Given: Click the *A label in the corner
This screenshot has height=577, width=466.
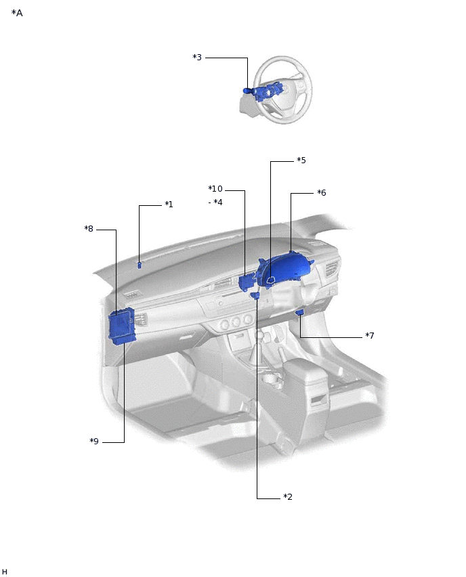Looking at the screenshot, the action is click(17, 14).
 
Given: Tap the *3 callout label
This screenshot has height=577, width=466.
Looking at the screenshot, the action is click(197, 58).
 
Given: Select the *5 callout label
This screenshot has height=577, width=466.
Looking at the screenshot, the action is click(301, 161).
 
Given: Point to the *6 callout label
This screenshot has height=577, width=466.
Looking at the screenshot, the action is click(322, 193).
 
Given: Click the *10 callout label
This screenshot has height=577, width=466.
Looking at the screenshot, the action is click(215, 189).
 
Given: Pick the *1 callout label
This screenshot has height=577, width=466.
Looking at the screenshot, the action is click(169, 205).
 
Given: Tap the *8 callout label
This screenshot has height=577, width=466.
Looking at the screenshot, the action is click(89, 229).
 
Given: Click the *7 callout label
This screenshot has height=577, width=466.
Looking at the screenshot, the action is click(370, 336).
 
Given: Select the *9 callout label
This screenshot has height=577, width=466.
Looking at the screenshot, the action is click(94, 441).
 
